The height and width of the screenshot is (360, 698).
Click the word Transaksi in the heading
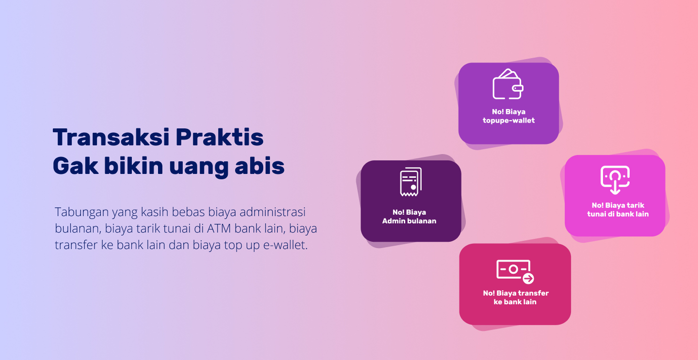[111, 137]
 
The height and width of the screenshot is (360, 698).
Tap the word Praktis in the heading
[220, 137]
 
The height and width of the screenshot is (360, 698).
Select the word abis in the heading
[260, 166]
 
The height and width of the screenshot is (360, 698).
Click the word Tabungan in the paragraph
[81, 212]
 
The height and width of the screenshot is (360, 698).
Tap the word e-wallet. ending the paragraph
[286, 245]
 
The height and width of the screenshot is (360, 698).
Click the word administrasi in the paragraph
[272, 212]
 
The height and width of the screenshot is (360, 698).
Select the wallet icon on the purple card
[508, 84]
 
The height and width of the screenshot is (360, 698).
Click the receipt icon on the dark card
[411, 182]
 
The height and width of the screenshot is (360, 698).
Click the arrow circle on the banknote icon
[528, 279]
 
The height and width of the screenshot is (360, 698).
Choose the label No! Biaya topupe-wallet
[508, 116]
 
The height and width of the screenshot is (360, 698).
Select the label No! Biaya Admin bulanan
[409, 217]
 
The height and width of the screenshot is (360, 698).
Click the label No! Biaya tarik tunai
[618, 210]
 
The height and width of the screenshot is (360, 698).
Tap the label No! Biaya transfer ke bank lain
[515, 297]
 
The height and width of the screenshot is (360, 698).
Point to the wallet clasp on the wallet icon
[518, 88]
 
